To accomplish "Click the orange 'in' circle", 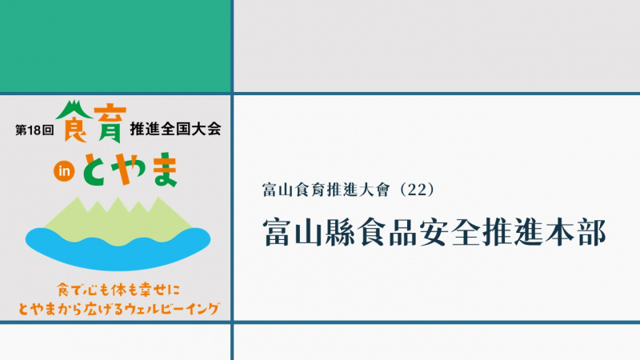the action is [64, 171].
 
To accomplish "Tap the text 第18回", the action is [34, 130].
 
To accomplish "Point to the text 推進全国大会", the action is [175, 129].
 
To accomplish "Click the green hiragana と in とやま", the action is [96, 170].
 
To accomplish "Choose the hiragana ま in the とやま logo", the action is [164, 170].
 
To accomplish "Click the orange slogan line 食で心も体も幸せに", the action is [118, 290].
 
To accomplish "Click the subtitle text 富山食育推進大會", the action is [326, 190].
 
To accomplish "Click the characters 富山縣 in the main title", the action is [309, 232].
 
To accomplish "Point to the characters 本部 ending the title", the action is [574, 232].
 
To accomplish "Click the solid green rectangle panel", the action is [115, 46].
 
